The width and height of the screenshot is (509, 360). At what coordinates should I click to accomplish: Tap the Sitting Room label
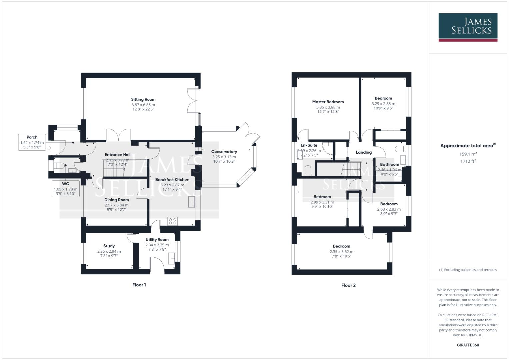tap(143, 99)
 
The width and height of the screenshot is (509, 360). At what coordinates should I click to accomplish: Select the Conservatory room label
tap(224, 152)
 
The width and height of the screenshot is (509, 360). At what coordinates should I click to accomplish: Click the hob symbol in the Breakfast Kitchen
tap(173, 221)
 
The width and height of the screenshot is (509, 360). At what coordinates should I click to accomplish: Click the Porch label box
tap(32, 142)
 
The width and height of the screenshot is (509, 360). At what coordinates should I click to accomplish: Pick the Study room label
tap(109, 246)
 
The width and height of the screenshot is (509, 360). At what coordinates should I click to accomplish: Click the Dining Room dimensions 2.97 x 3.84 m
tap(116, 205)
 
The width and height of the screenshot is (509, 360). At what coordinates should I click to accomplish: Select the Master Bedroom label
tap(328, 102)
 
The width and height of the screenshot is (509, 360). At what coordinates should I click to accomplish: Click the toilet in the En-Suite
tap(308, 171)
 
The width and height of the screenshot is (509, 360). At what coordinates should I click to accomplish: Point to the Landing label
tap(364, 152)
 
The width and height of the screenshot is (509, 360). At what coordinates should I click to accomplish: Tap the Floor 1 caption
tap(139, 285)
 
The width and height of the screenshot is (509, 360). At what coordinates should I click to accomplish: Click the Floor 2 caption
tap(348, 285)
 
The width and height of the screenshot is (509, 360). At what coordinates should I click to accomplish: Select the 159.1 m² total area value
tap(468, 154)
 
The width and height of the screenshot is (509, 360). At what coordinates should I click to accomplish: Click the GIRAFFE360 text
tap(468, 345)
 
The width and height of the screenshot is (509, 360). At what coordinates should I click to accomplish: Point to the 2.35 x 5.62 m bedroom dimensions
tap(341, 252)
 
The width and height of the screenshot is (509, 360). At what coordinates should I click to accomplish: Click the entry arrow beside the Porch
tap(49, 148)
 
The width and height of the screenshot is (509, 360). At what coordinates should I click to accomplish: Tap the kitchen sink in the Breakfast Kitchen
tap(192, 202)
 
